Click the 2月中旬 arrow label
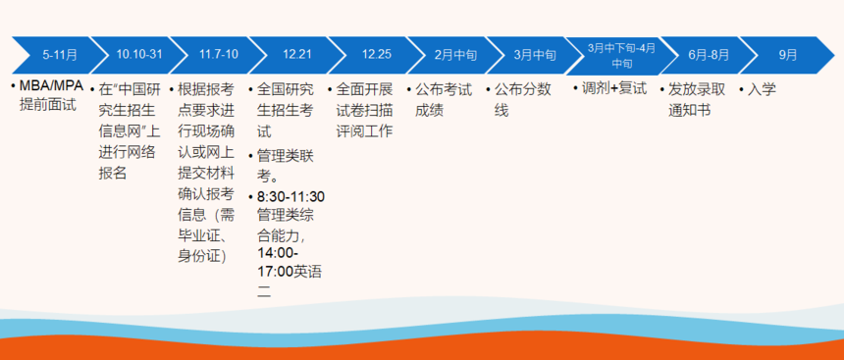(455, 55)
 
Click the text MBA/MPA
(52, 86)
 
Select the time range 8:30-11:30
(290, 196)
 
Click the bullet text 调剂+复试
(614, 88)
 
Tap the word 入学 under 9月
(762, 89)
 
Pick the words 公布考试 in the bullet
(444, 90)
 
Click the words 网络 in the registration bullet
(141, 152)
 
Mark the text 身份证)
(202, 256)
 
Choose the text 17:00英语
(290, 272)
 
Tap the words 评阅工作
(364, 131)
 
